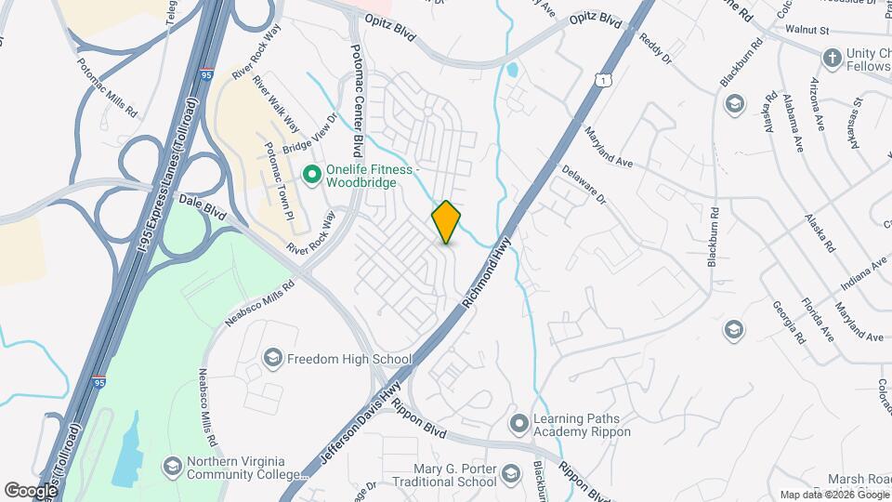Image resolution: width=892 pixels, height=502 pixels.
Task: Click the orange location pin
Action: [446, 221]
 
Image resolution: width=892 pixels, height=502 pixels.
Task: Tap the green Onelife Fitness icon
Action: [312, 173]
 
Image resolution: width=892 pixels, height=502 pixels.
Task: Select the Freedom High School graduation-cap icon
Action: [272, 358]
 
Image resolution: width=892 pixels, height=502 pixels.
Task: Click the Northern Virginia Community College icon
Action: [172, 466]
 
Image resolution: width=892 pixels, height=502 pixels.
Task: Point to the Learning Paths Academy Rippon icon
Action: [518, 425]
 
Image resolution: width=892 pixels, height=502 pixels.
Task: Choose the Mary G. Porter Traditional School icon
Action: [509, 476]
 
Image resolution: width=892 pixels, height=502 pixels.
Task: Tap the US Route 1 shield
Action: [606, 83]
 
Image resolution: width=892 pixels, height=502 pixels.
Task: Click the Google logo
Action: [31, 490]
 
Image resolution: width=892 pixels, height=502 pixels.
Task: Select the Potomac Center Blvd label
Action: [356, 101]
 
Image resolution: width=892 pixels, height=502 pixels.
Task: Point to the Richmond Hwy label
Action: [487, 272]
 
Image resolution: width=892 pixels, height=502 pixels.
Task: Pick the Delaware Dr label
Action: [584, 185]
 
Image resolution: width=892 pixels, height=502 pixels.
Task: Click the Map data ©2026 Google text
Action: [833, 495]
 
